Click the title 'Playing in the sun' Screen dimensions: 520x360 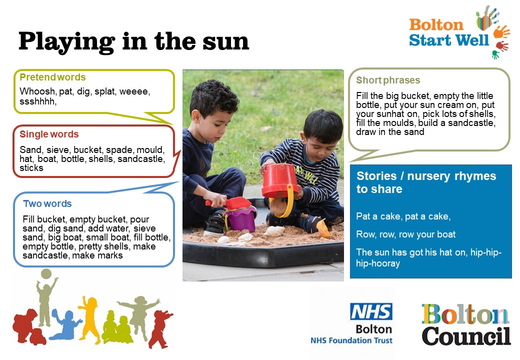133,42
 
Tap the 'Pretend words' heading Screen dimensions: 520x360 52,77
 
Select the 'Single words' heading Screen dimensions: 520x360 49,134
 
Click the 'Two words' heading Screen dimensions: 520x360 47,203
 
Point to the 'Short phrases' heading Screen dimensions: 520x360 388,80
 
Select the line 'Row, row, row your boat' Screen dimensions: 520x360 405,234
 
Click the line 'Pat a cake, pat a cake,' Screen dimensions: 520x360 403,216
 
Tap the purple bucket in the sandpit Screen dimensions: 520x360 241,219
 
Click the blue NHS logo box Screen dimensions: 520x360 371,311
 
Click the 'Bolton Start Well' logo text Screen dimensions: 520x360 448,32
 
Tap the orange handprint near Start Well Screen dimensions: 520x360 501,31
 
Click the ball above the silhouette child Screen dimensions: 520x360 46,274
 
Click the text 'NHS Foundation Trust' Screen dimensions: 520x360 351,340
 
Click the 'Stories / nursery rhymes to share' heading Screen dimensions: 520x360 426,182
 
